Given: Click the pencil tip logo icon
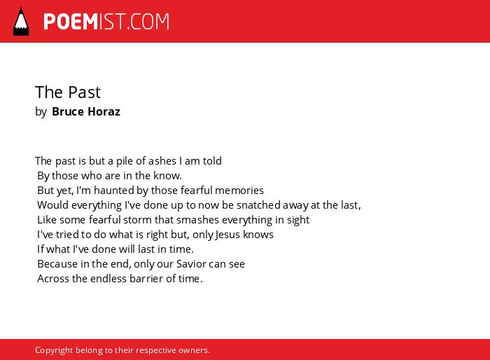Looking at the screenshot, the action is pyautogui.click(x=21, y=22).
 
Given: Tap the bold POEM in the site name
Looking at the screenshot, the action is pyautogui.click(x=71, y=22).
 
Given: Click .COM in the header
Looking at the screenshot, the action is pyautogui.click(x=148, y=22).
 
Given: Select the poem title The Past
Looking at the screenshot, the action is pyautogui.click(x=68, y=92).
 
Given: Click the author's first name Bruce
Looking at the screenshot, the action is pyautogui.click(x=68, y=111).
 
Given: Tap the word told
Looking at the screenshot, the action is pyautogui.click(x=212, y=161).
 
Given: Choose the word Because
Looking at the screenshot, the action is pyautogui.click(x=57, y=263).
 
